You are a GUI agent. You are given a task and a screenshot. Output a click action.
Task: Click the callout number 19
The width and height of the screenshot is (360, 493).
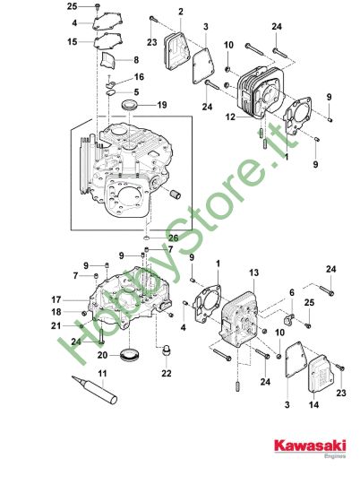162,105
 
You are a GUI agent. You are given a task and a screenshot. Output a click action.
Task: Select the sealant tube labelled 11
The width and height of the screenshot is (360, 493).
95,390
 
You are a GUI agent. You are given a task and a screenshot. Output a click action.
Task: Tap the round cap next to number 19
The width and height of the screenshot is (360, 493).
130,105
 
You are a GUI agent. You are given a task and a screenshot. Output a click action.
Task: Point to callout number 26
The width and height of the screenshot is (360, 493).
174,238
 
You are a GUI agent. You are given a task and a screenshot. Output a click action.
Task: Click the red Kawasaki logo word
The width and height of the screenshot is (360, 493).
310,445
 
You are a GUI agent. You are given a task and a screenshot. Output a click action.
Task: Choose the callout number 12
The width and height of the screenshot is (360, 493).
230,117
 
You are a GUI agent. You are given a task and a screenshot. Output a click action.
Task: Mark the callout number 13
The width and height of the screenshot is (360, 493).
253,272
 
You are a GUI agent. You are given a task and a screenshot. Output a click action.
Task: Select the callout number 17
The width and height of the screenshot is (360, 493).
56,300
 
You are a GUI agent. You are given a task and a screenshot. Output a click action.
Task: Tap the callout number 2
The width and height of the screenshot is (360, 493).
181,12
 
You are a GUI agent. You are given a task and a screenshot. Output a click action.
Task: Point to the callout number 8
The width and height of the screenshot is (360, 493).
136,60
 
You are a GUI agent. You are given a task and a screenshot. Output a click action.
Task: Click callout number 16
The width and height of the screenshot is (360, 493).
139,77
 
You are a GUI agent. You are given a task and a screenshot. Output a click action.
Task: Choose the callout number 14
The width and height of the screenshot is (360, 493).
313,404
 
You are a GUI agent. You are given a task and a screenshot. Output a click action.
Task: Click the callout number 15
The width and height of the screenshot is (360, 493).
73,41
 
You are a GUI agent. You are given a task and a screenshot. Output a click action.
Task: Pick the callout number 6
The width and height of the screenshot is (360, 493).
292,293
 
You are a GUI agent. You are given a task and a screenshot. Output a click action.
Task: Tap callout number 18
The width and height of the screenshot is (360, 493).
56,312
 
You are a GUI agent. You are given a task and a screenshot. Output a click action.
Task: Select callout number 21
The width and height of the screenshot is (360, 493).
56,325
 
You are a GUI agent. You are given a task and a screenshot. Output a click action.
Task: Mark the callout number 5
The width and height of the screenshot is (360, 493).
136,91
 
